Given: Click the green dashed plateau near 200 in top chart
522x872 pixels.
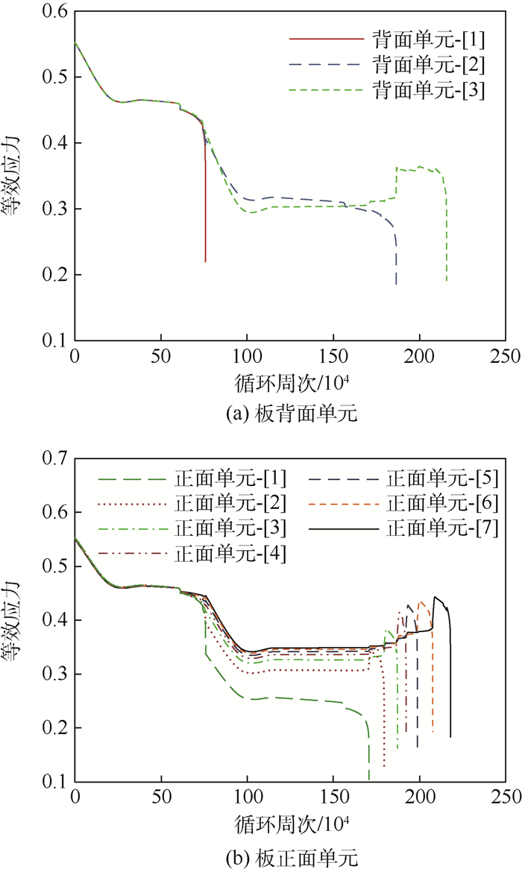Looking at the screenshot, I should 421,168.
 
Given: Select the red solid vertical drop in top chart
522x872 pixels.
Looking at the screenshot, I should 205,201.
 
